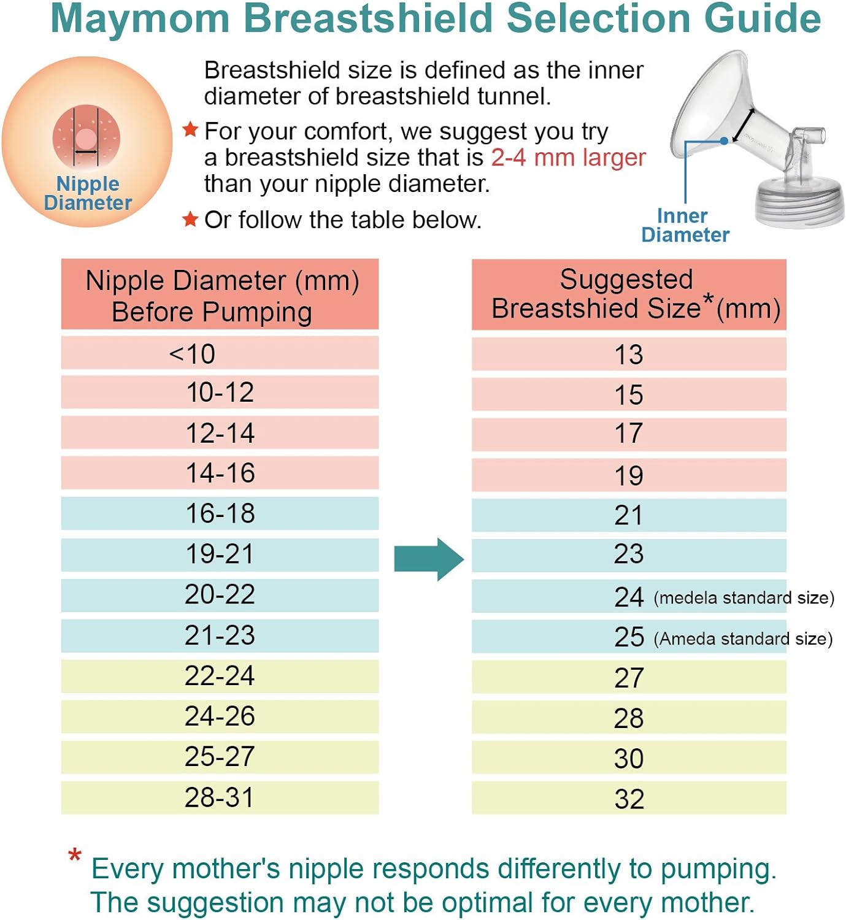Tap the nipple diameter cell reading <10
tap(220, 353)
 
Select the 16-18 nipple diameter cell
tap(220, 513)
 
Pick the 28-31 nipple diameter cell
tap(220, 797)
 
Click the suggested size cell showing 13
tap(629, 354)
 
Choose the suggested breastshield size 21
tap(629, 515)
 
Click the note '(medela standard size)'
tap(744, 598)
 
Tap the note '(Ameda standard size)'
tap(743, 639)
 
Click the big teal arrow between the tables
tap(429, 559)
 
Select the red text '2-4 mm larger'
tap(569, 158)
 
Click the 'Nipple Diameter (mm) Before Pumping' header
tap(220, 294)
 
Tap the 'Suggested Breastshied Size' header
tap(629, 294)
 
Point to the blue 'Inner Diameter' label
tap(685, 225)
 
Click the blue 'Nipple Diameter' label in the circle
tap(88, 193)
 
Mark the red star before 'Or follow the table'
tap(190, 219)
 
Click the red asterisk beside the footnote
tap(75, 855)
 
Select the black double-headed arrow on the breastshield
tap(743, 125)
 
